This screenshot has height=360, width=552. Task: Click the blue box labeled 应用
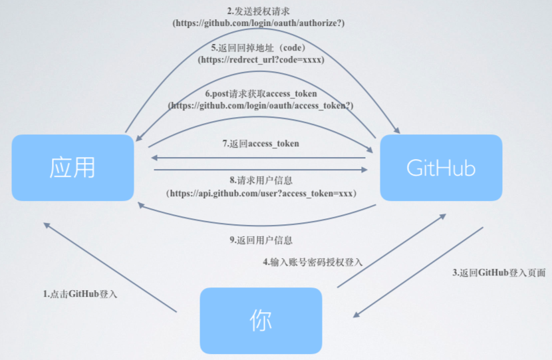[72, 168]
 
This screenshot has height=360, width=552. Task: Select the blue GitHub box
[441, 168]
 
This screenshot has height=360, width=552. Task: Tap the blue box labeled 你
[261, 321]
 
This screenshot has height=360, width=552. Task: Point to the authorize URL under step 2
[259, 23]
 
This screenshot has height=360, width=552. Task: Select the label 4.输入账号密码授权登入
[313, 262]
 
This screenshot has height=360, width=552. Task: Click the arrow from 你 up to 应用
[110, 267]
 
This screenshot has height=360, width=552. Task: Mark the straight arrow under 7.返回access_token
[259, 158]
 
